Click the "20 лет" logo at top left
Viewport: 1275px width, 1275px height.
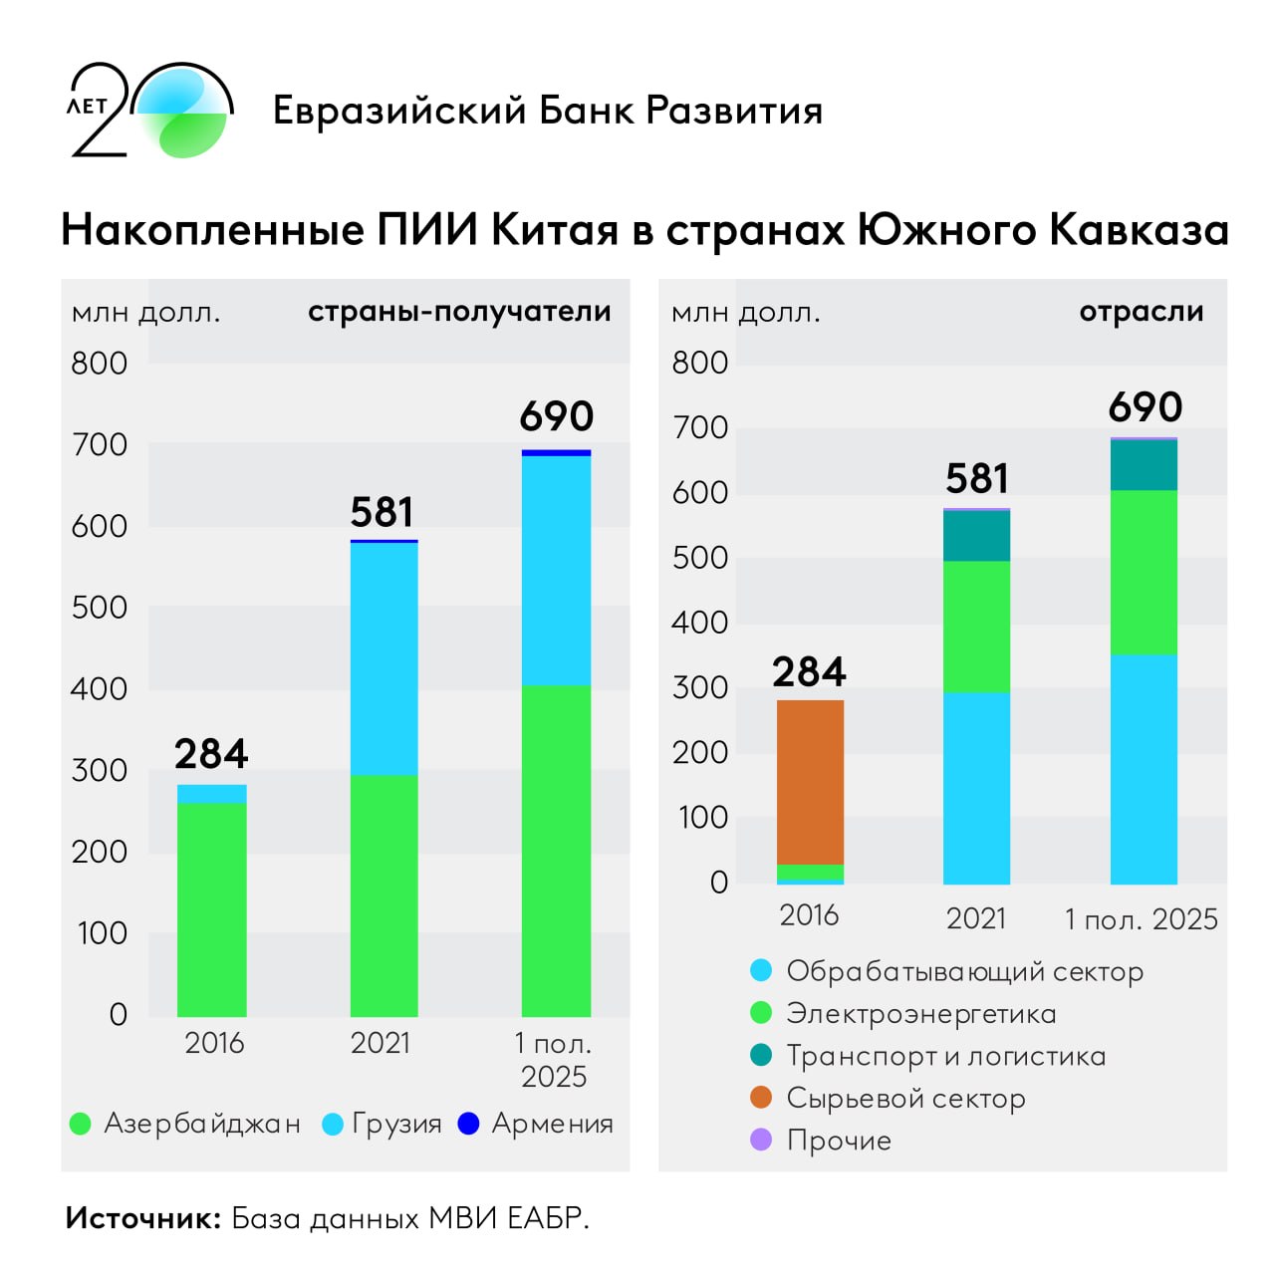pyautogui.click(x=149, y=111)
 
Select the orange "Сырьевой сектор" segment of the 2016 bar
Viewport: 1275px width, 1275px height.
pyautogui.click(x=810, y=782)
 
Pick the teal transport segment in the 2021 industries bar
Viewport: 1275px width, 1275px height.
pyautogui.click(x=976, y=536)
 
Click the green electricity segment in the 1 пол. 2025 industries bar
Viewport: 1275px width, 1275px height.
pyautogui.click(x=1144, y=572)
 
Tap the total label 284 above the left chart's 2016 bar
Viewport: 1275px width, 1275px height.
pyautogui.click(x=211, y=754)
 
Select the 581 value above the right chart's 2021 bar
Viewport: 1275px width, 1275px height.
pyautogui.click(x=976, y=479)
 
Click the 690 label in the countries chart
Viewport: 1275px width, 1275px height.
pyautogui.click(x=556, y=416)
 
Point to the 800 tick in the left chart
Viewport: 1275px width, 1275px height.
pyautogui.click(x=99, y=364)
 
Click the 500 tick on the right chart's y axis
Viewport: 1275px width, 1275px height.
pyautogui.click(x=699, y=558)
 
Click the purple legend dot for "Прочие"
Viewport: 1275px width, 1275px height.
pyautogui.click(x=761, y=1140)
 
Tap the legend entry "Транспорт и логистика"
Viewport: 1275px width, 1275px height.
pyautogui.click(x=945, y=1056)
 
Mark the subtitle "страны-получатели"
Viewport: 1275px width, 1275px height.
pyautogui.click(x=459, y=312)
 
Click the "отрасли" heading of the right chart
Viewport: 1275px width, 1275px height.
pyautogui.click(x=1142, y=312)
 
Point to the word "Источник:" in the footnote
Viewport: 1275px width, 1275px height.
pyautogui.click(x=142, y=1218)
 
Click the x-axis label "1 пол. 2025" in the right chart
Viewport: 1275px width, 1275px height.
pyautogui.click(x=1142, y=919)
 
